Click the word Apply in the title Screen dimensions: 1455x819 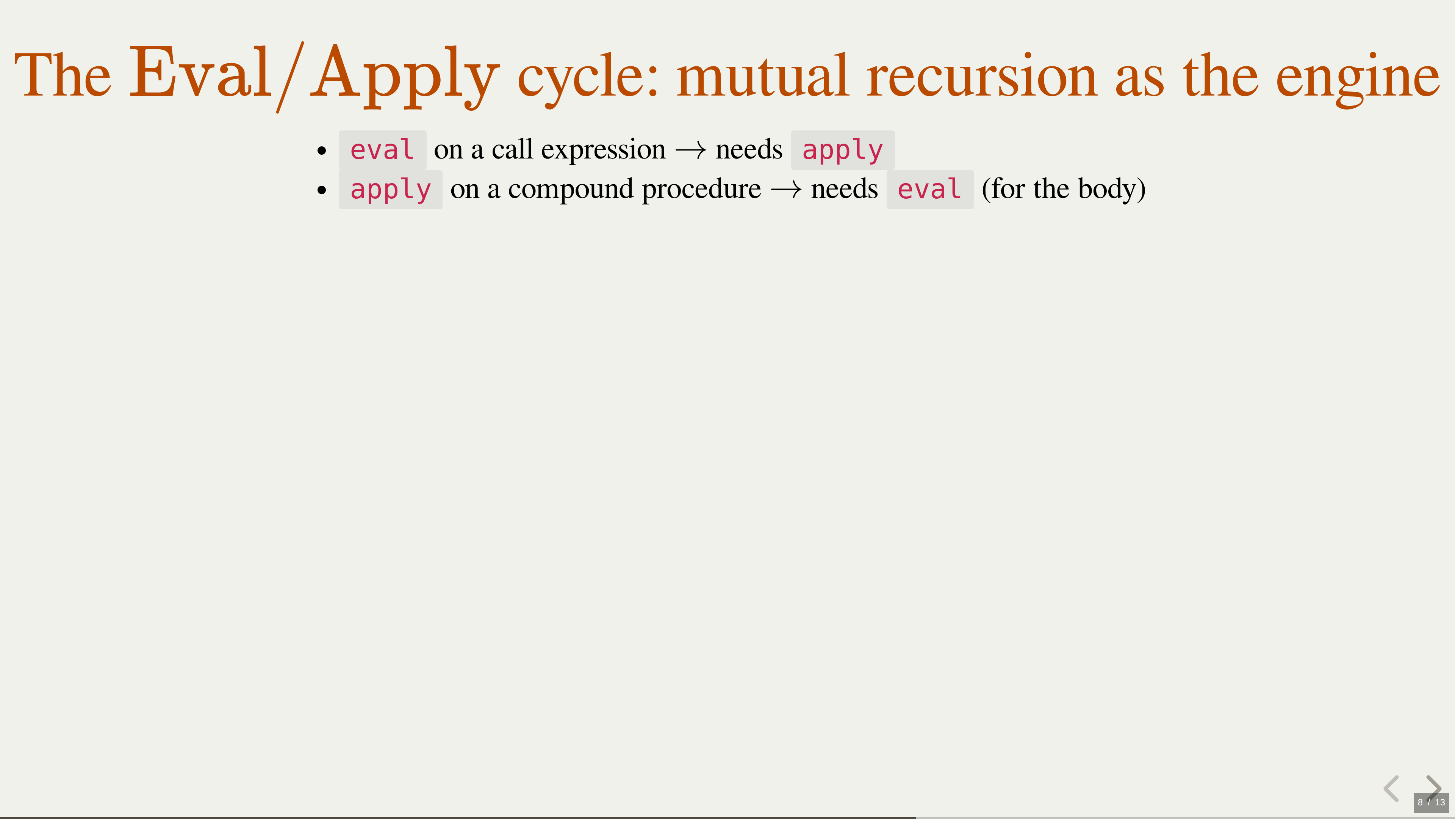click(405, 76)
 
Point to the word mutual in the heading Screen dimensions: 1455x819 click(762, 75)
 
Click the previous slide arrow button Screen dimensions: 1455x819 click(1391, 789)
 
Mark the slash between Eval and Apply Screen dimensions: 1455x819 click(290, 77)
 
